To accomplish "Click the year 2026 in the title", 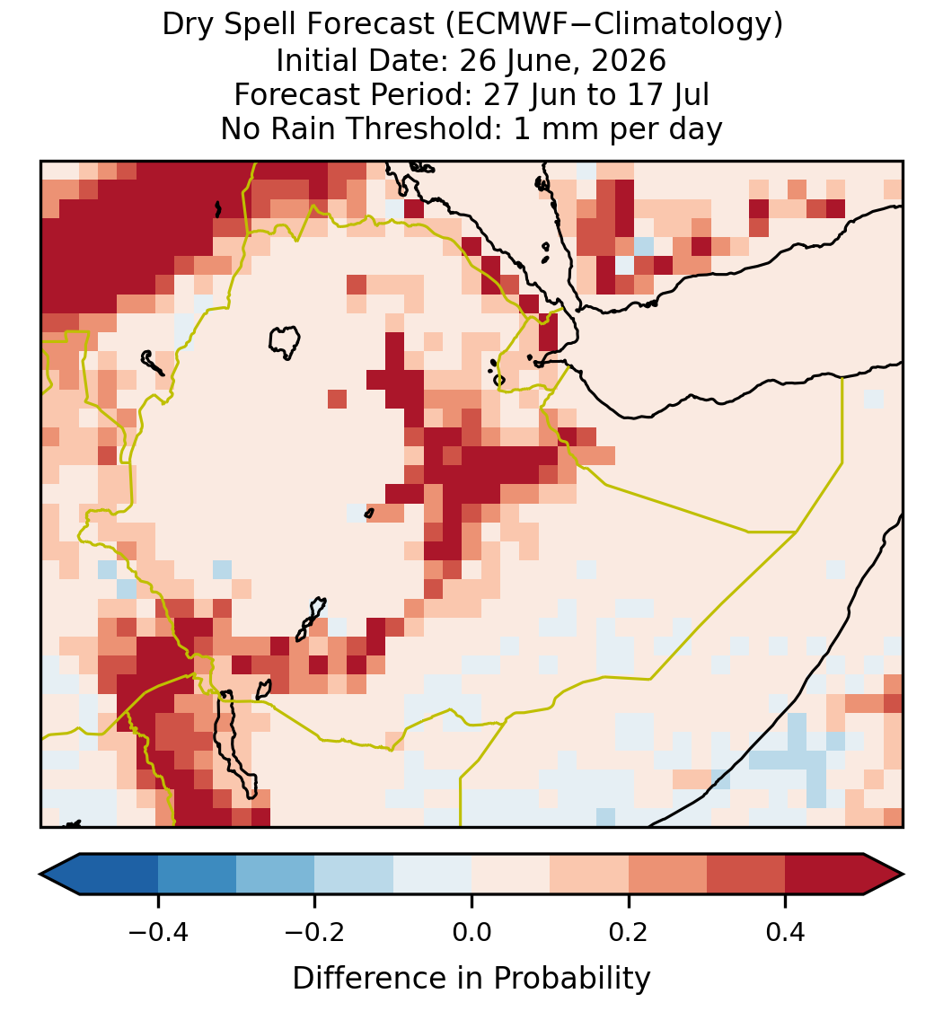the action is coord(628,60).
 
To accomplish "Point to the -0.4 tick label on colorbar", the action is coord(158,932).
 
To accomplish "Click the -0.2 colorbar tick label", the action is coord(315,932).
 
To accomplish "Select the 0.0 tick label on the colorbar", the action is coord(471,932).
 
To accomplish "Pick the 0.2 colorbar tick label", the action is coord(629,932).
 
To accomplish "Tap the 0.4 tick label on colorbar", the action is coord(786,932).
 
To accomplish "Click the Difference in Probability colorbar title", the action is coord(471,979).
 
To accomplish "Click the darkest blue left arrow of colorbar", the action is coord(60,875).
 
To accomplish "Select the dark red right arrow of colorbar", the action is coord(884,875).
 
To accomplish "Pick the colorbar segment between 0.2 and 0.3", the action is coord(667,875).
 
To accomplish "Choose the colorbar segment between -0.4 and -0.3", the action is coord(197,875).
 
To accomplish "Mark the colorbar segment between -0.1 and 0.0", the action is coord(433,875).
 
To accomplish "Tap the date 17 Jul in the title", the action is coord(669,94).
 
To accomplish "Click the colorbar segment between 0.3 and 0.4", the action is coord(746,875).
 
